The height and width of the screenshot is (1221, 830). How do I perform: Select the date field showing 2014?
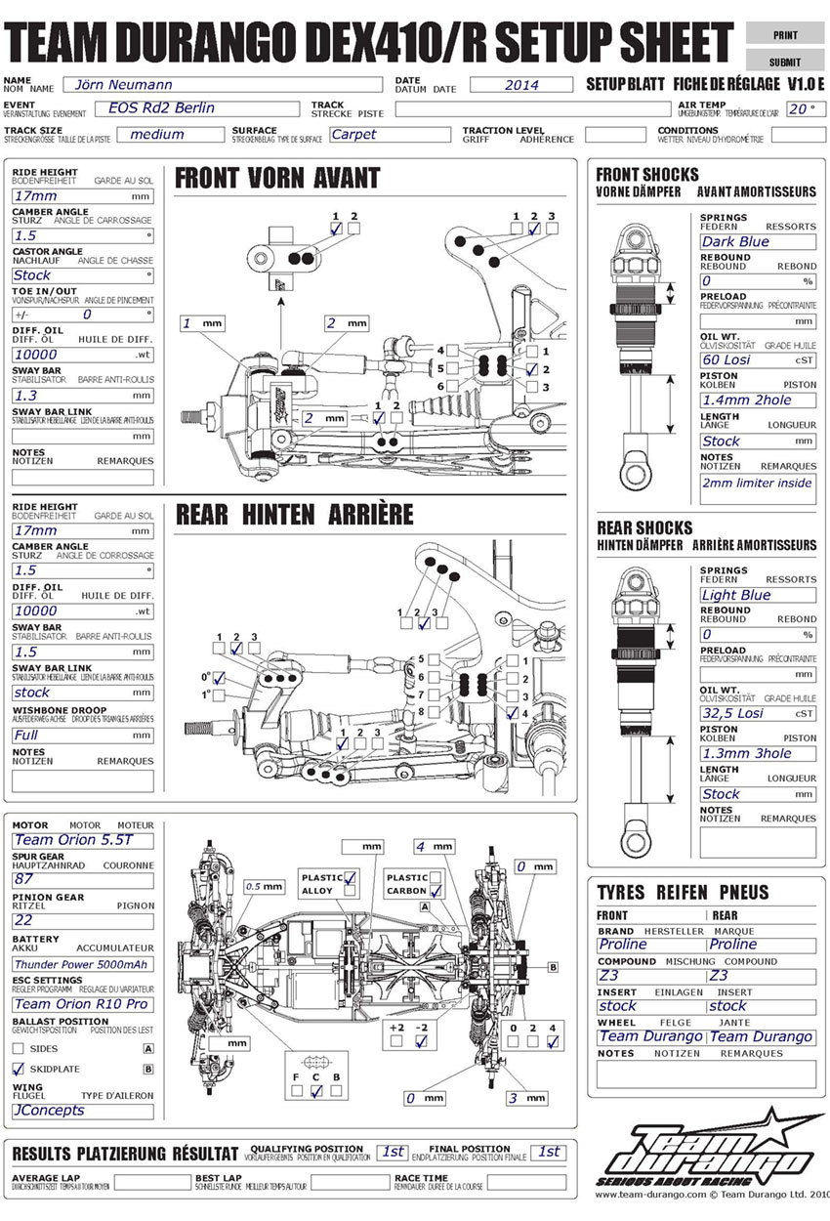point(521,85)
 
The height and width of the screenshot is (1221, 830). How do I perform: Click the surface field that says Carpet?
point(389,135)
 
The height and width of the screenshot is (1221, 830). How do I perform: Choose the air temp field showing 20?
point(800,109)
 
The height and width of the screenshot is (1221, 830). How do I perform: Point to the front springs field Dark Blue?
point(757,241)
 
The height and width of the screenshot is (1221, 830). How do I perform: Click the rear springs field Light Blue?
point(757,595)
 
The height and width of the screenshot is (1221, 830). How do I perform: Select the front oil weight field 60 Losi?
point(757,359)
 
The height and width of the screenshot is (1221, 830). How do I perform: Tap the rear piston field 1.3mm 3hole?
point(757,753)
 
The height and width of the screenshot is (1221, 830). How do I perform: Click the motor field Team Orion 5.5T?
point(83,840)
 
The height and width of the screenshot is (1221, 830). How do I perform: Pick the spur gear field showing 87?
point(83,878)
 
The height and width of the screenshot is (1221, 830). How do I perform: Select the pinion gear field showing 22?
point(83,920)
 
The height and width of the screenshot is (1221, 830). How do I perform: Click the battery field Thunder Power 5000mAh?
point(83,963)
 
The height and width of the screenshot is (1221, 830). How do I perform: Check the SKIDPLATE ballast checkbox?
point(19,1070)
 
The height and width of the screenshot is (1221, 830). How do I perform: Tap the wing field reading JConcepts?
point(83,1111)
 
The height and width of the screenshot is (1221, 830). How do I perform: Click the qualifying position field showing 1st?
point(393,1153)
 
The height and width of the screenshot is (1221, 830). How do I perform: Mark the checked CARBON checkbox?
point(436,891)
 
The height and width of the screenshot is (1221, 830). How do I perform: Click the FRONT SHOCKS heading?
point(647,175)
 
